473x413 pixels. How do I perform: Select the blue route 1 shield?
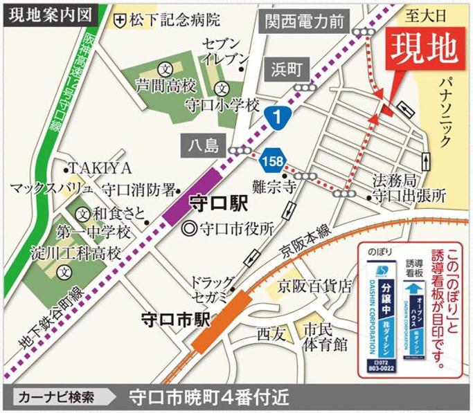[x=277, y=119]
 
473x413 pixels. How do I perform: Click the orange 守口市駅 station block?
[x=219, y=321]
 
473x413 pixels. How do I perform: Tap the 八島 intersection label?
[x=202, y=145]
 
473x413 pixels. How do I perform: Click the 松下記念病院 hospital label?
[x=166, y=19]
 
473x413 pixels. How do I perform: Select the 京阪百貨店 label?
[x=314, y=286]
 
